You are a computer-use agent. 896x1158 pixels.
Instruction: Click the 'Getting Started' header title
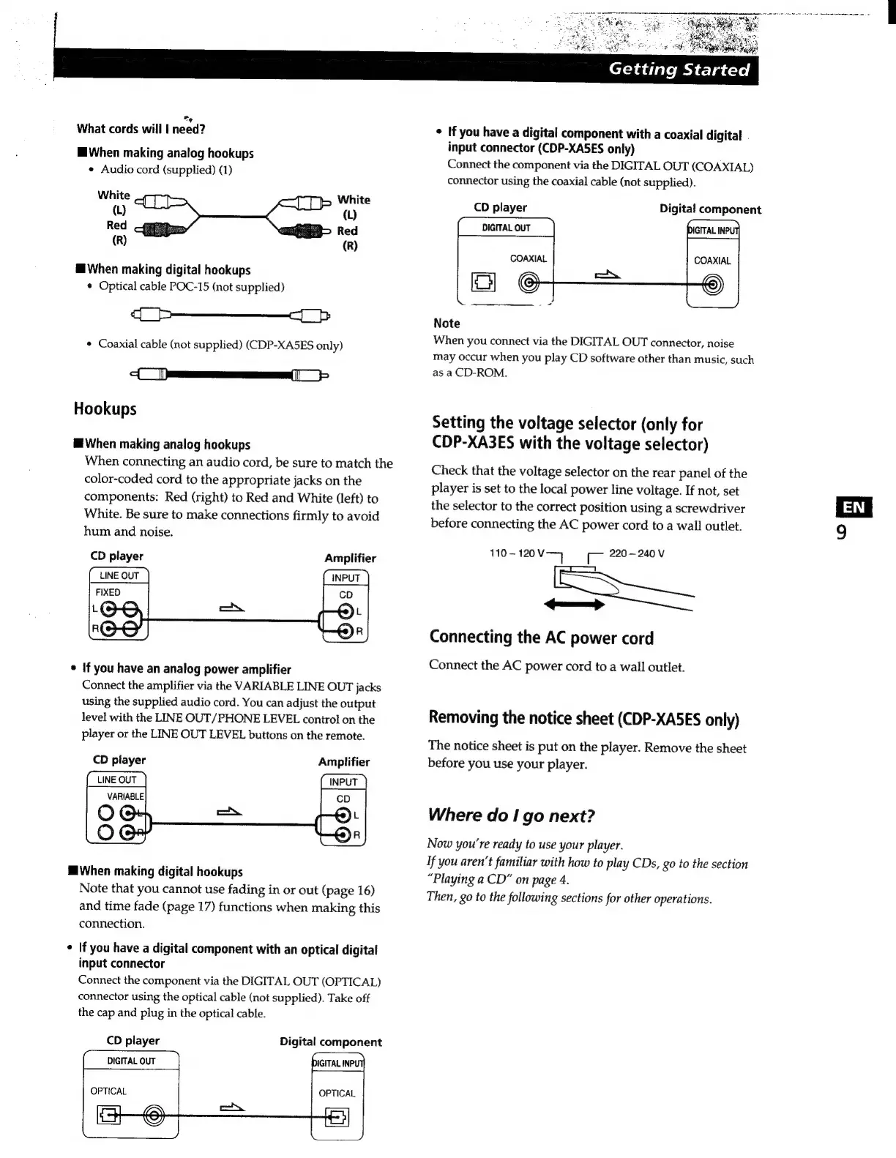[x=679, y=70]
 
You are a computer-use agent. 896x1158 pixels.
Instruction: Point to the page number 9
[x=841, y=532]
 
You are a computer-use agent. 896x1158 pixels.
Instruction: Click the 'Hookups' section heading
[x=105, y=408]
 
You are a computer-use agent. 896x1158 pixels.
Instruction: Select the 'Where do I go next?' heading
[x=511, y=815]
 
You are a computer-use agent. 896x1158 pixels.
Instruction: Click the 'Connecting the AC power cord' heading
[x=541, y=637]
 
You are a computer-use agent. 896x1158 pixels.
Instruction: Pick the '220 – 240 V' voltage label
[x=636, y=553]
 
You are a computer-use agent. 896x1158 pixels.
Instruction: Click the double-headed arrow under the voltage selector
[x=574, y=605]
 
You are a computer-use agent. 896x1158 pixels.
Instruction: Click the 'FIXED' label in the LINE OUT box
[x=108, y=592]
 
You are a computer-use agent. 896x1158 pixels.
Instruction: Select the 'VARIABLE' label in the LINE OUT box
[x=125, y=796]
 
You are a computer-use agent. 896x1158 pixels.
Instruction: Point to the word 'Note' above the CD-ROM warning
[x=447, y=323]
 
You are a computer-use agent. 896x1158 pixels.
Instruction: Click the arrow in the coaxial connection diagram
[x=608, y=274]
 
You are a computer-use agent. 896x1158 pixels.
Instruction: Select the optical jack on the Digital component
[x=337, y=1118]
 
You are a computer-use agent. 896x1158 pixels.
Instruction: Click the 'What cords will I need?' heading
[x=141, y=129]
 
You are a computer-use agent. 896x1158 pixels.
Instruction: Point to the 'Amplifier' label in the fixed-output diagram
[x=350, y=558]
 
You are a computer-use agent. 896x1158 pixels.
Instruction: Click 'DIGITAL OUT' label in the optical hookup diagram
[x=131, y=1061]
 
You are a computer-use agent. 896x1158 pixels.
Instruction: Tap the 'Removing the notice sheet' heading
[x=583, y=718]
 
